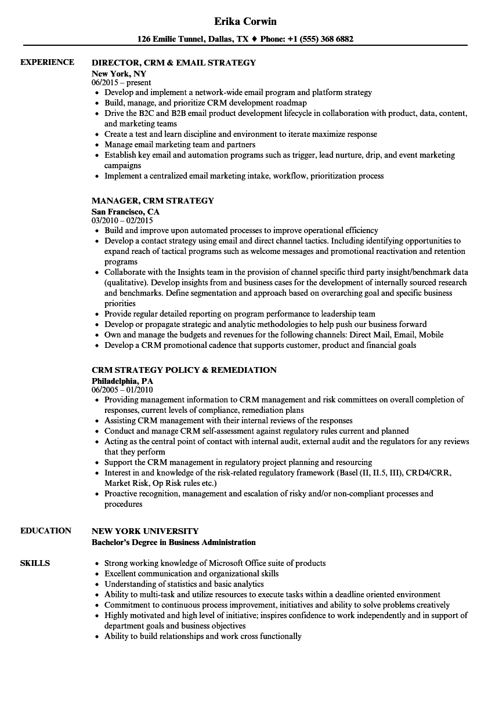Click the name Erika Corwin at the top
(245, 21)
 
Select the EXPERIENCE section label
(47, 62)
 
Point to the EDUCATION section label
(45, 531)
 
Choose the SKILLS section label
(35, 563)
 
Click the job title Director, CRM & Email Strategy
(173, 63)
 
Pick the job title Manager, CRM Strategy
(153, 201)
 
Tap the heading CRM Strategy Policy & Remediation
(184, 370)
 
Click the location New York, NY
(119, 74)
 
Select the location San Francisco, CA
(125, 212)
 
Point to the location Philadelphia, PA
(122, 381)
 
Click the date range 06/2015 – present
(121, 83)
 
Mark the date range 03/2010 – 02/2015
(122, 221)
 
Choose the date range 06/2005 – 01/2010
(122, 390)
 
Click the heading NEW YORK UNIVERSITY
(145, 531)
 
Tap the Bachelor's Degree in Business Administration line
(173, 542)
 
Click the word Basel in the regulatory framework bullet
(356, 473)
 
